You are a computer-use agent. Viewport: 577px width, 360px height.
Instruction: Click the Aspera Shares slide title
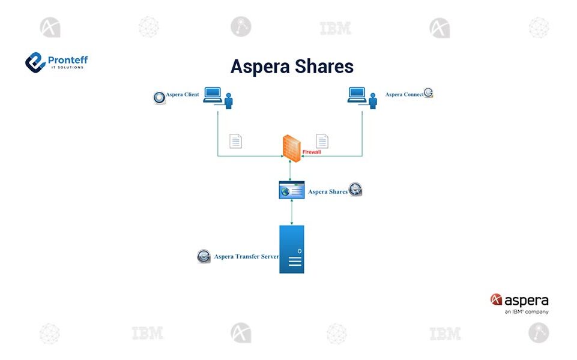coord(292,66)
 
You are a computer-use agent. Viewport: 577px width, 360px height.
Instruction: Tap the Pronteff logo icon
coord(35,62)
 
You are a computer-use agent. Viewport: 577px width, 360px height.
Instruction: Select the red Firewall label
coord(312,152)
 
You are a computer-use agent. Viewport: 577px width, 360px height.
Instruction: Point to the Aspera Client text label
coord(183,95)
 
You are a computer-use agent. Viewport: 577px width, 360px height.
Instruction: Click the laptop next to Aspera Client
coord(213,95)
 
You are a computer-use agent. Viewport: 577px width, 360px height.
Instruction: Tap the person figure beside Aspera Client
coord(228,101)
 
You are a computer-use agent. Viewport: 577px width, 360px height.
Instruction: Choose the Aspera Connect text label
coord(404,95)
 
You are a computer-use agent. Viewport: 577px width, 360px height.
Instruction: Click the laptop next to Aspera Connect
coord(357,95)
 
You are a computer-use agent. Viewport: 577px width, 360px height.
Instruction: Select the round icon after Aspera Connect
coord(428,93)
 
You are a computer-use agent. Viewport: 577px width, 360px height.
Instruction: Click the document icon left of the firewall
coord(236,141)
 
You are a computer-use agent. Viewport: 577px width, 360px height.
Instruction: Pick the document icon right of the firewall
coord(322,141)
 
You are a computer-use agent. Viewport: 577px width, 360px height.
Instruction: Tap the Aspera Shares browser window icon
coord(292,190)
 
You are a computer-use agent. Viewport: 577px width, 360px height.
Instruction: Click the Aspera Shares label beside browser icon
coord(328,192)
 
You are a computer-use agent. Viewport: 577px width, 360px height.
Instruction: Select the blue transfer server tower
coord(292,250)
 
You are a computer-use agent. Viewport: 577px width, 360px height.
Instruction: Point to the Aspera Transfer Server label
coord(246,257)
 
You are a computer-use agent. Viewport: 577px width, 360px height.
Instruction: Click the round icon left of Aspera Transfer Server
coord(204,256)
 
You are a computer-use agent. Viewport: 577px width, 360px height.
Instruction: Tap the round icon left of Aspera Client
coord(160,97)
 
